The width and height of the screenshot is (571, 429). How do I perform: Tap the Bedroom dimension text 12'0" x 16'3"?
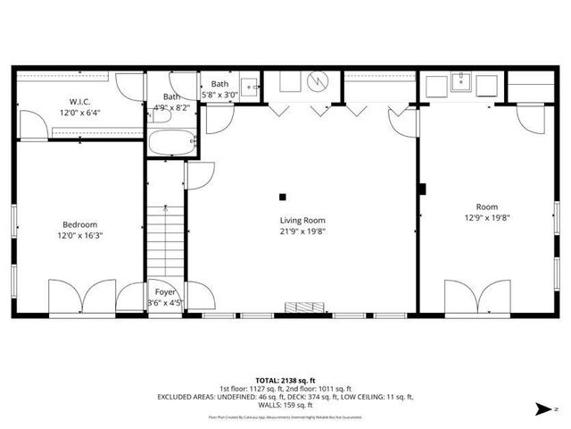click(79, 235)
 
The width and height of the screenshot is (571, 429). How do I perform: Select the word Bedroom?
click(79, 224)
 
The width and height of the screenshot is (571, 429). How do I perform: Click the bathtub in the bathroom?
click(170, 143)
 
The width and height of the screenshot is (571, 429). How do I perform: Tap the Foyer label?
click(165, 292)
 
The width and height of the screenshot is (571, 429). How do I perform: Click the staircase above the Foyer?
click(165, 241)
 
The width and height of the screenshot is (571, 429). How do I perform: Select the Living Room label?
click(302, 220)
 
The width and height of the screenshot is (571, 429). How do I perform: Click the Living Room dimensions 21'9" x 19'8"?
click(302, 231)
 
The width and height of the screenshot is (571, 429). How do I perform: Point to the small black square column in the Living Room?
click(283, 197)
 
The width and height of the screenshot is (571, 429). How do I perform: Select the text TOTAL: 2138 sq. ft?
click(285, 379)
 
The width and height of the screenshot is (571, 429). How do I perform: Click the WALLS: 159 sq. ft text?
click(285, 404)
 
